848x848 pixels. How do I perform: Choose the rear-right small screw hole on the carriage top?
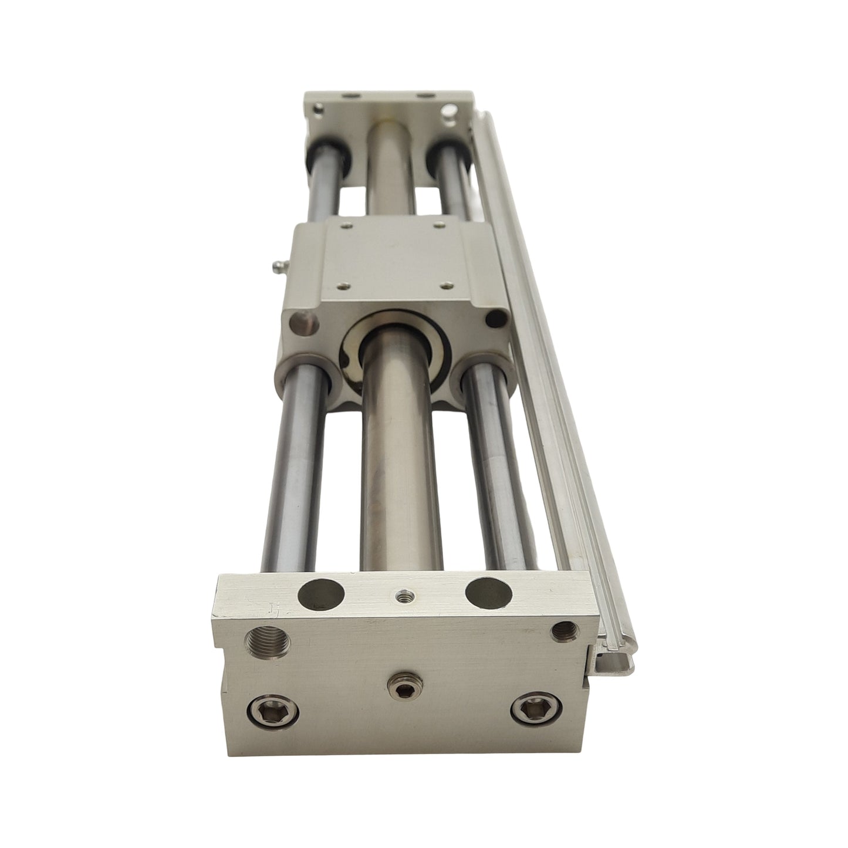tap(439, 222)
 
